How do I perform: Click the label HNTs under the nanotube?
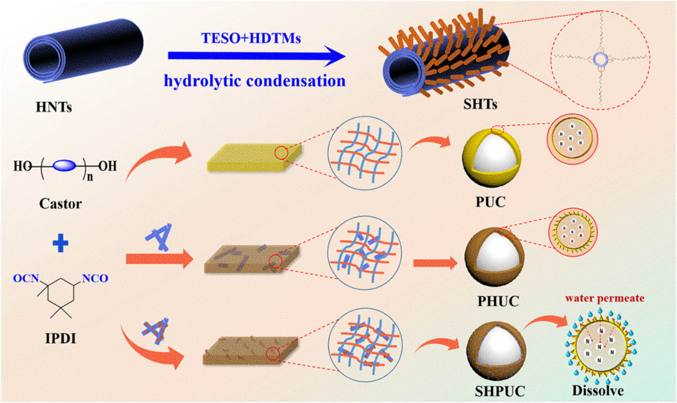coord(54,107)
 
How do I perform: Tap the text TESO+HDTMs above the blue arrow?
coord(251,38)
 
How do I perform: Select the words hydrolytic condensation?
coord(254,81)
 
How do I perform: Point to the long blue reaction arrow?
coord(255,56)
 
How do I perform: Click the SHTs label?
coord(480,104)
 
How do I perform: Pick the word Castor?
coord(60,204)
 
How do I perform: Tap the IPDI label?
coord(61,338)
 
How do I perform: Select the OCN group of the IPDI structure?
coord(26,278)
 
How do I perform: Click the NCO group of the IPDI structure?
coord(95,278)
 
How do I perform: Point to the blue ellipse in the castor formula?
coord(64,166)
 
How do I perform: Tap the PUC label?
coord(490,202)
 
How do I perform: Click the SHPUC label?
coord(500,391)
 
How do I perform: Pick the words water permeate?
coord(604,298)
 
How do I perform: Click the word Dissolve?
coord(598,391)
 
